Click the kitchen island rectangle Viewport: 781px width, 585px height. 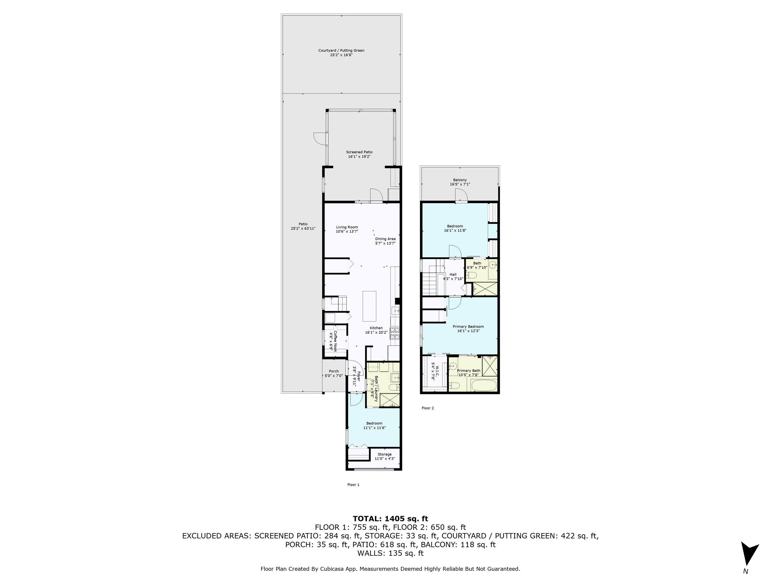[369, 306]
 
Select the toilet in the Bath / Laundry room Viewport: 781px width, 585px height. [394, 388]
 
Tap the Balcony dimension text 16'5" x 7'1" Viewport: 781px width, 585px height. [460, 184]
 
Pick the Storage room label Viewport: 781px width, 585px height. [384, 454]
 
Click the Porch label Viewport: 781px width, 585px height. [334, 371]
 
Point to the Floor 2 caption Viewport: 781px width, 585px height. [428, 408]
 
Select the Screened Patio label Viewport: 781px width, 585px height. [359, 152]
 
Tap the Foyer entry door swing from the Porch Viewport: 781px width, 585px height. [354, 367]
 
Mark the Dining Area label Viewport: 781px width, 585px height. [385, 239]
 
